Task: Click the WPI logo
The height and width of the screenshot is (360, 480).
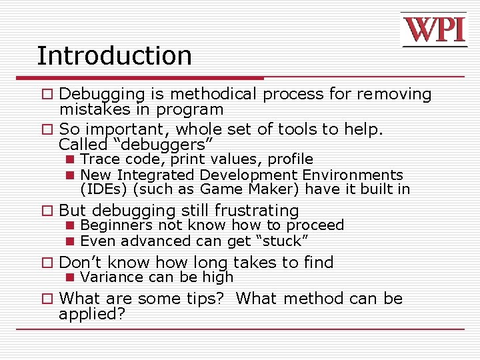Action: click(x=434, y=31)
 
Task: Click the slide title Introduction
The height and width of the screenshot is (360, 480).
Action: click(x=114, y=55)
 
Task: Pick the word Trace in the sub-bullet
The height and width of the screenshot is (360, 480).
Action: click(x=99, y=159)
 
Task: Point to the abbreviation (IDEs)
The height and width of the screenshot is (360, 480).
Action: click(x=103, y=189)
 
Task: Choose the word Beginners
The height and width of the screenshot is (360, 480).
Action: click(x=116, y=226)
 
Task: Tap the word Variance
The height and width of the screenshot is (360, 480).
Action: click(x=107, y=277)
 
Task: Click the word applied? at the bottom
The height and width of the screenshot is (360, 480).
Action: click(x=92, y=314)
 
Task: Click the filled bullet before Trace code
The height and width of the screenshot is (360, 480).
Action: click(x=69, y=160)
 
